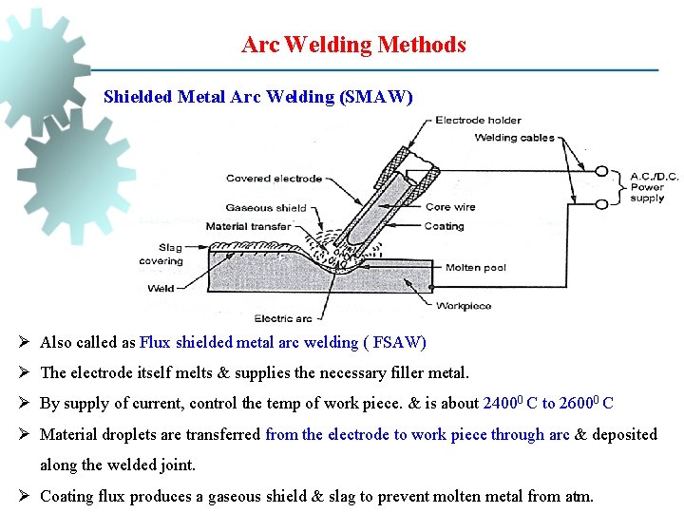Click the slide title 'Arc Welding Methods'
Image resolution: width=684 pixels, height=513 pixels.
click(353, 45)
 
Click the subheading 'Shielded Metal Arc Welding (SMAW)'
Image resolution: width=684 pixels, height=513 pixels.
click(257, 97)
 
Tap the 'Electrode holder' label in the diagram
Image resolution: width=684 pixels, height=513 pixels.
click(478, 121)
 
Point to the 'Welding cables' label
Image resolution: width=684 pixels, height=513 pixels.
click(514, 138)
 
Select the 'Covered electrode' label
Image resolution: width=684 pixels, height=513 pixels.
click(274, 178)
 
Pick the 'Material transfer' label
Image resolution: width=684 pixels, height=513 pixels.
click(248, 226)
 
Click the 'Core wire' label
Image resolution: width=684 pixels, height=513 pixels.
click(450, 207)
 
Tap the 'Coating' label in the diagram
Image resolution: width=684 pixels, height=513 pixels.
click(444, 226)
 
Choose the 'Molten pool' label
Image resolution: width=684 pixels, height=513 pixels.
click(476, 268)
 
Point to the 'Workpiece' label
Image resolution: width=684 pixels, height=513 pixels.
click(464, 306)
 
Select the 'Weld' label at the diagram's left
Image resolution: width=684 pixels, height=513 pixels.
click(161, 287)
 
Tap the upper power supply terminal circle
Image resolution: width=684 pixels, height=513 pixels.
click(601, 172)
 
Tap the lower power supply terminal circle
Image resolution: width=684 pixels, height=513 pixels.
click(601, 200)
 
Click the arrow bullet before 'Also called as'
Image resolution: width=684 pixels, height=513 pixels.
click(26, 342)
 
